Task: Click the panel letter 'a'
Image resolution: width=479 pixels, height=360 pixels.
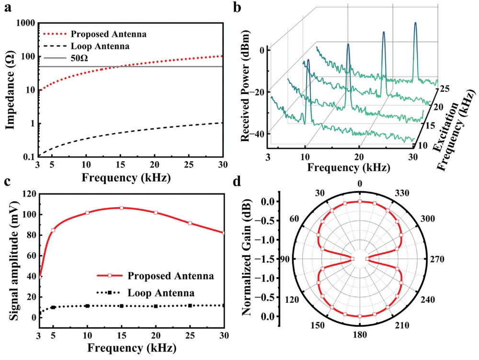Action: pos(8,7)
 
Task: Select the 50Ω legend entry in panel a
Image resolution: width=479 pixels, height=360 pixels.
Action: pos(66,58)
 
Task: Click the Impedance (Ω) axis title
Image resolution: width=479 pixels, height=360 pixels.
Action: pos(10,91)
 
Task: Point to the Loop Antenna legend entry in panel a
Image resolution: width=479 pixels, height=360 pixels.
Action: pos(86,46)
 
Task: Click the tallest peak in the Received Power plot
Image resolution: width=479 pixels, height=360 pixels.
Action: pos(415,23)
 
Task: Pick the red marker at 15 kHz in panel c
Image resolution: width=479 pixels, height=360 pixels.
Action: pos(121,208)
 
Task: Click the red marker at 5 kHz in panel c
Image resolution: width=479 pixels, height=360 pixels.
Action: pos(53,230)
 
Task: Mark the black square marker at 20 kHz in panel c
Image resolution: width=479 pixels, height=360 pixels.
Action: pos(156,306)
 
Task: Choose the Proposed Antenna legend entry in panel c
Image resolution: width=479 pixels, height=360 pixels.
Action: pos(155,276)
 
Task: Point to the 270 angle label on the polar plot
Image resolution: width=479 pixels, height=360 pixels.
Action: pos(437,259)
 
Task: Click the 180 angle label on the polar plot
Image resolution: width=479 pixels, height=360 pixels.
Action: pos(360,335)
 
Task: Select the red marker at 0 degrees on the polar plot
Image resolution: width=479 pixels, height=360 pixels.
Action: pos(360,202)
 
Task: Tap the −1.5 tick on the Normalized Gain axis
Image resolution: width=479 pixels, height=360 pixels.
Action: pos(268,259)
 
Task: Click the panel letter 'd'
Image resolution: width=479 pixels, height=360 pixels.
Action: pos(237,182)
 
